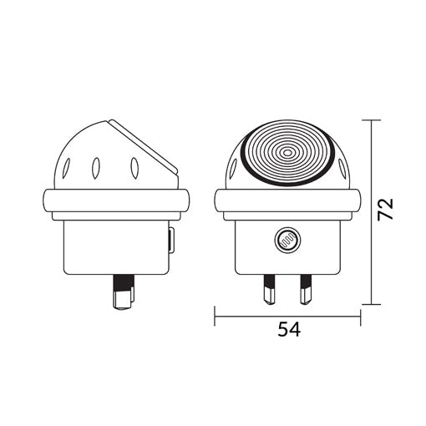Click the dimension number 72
385,209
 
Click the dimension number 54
289,329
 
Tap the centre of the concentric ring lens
287,152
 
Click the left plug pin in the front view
269,289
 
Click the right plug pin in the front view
306,289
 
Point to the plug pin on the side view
124,292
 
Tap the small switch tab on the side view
172,240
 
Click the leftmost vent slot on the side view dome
67,168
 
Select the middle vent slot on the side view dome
96,168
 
